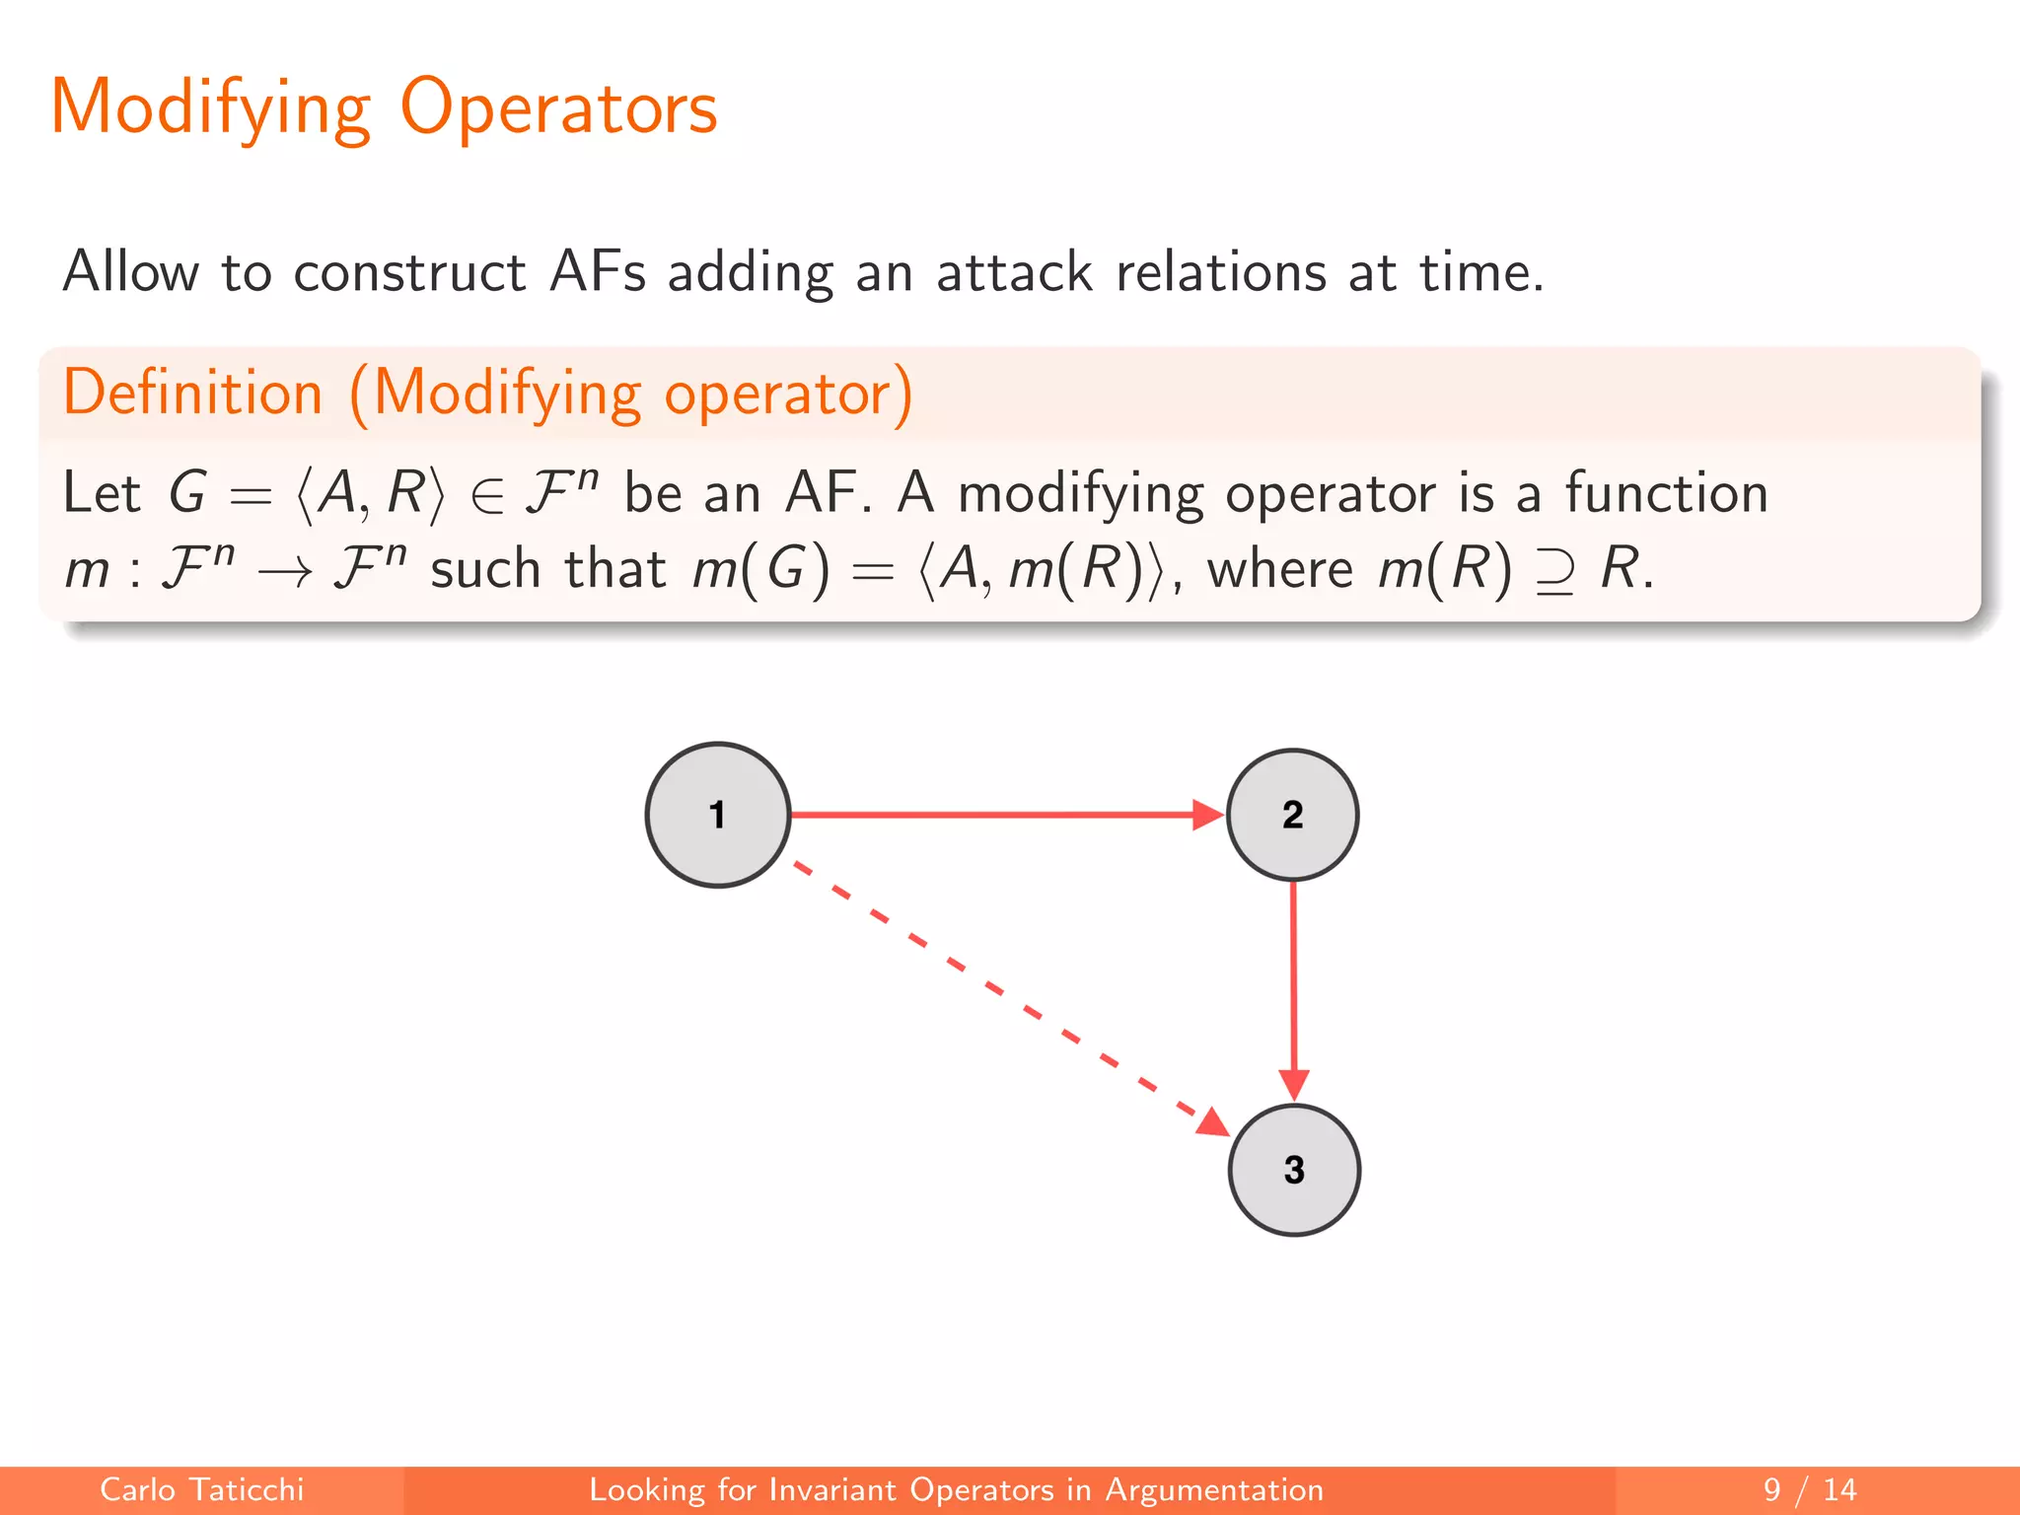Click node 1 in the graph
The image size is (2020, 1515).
click(717, 815)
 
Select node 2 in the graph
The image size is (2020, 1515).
click(1292, 815)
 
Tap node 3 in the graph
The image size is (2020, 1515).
click(1294, 1170)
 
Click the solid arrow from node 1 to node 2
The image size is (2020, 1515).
click(996, 815)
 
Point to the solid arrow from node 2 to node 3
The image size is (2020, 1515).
click(1293, 986)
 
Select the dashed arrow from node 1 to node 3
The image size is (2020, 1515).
click(1006, 996)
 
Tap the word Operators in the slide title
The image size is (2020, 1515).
click(558, 108)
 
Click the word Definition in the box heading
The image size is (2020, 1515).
click(193, 393)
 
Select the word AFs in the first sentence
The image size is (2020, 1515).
click(598, 272)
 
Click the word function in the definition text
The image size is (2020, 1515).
click(1667, 493)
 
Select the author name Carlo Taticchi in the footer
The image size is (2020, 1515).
click(201, 1489)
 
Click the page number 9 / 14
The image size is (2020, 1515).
click(1809, 1489)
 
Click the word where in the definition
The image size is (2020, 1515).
click(1280, 570)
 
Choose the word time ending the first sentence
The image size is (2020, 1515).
click(1479, 272)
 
